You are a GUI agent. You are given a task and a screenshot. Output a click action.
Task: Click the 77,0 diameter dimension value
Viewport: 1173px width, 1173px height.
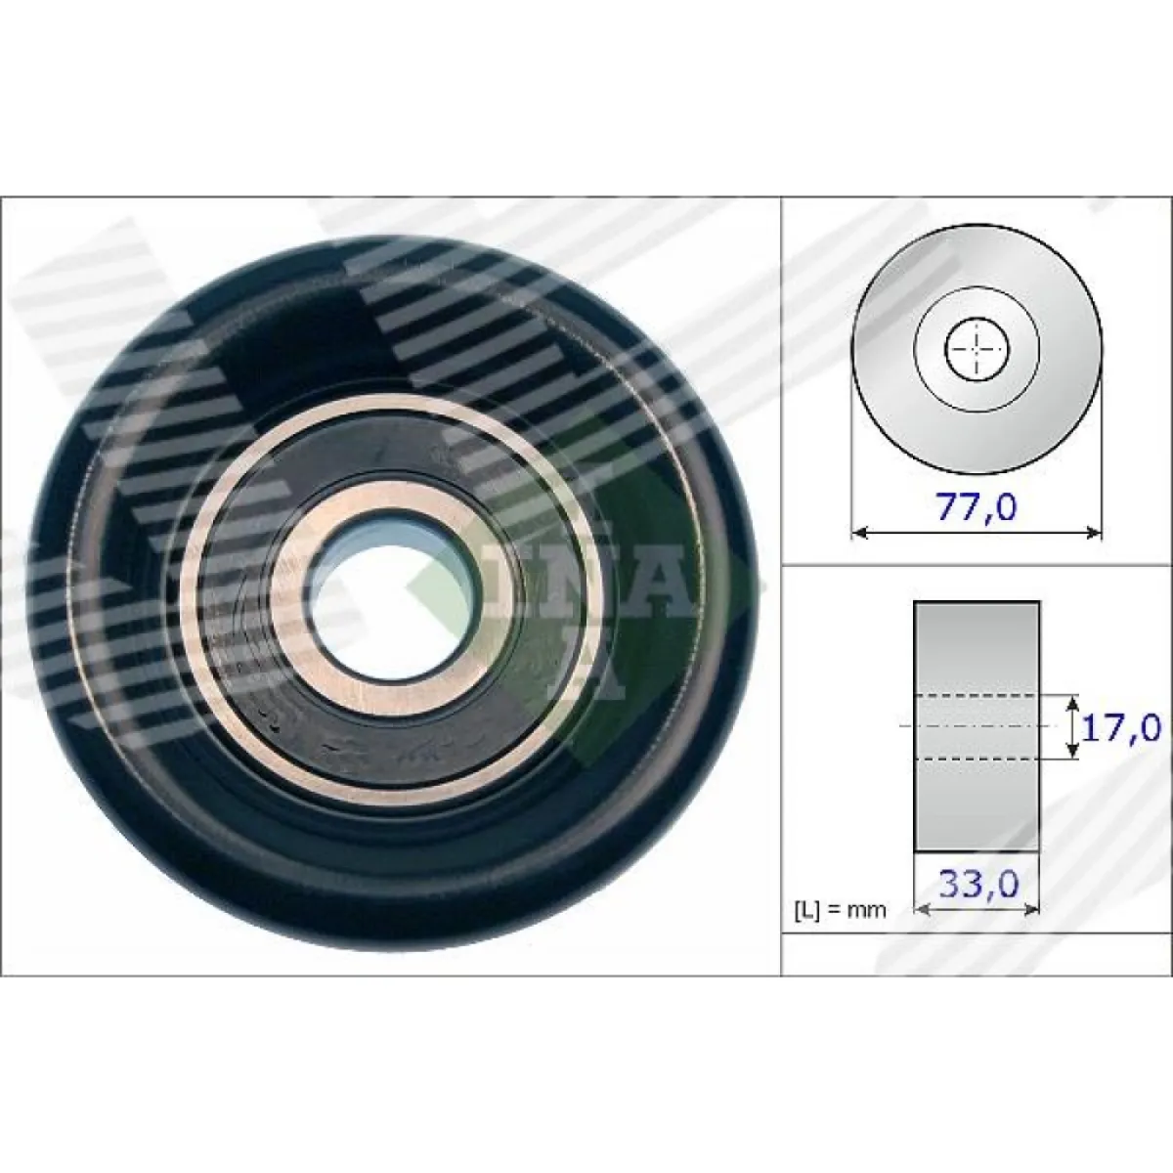click(x=976, y=507)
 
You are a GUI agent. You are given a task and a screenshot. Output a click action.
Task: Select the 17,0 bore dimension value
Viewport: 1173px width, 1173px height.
click(x=1120, y=728)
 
